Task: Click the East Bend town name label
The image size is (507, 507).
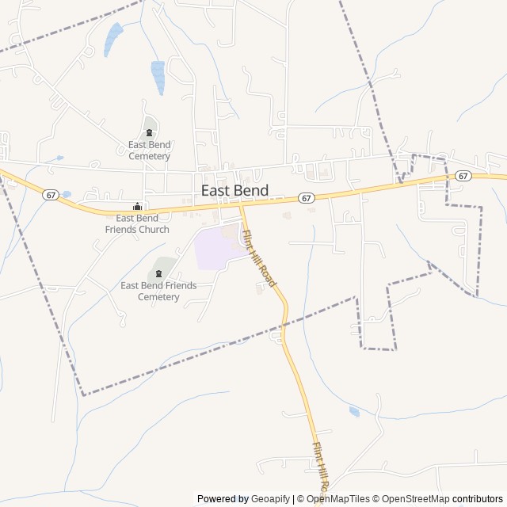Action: pyautogui.click(x=234, y=191)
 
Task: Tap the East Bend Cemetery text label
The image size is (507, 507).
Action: pyautogui.click(x=149, y=151)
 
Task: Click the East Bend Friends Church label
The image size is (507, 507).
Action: pyautogui.click(x=143, y=223)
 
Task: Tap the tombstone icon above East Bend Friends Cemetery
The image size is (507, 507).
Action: pyautogui.click(x=158, y=273)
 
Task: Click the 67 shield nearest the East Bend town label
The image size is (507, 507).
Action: pyautogui.click(x=307, y=197)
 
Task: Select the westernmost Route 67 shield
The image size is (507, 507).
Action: pyautogui.click(x=51, y=195)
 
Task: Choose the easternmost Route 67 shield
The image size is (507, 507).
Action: pyautogui.click(x=464, y=175)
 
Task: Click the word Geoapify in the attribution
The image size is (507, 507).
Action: pyautogui.click(x=271, y=499)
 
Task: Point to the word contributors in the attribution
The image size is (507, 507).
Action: pyautogui.click(x=478, y=499)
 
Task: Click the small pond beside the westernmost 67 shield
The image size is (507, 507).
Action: pyautogui.click(x=66, y=194)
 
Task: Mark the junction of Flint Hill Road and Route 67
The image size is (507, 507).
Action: pyautogui.click(x=241, y=206)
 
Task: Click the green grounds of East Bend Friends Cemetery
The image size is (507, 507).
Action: pyautogui.click(x=164, y=265)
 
